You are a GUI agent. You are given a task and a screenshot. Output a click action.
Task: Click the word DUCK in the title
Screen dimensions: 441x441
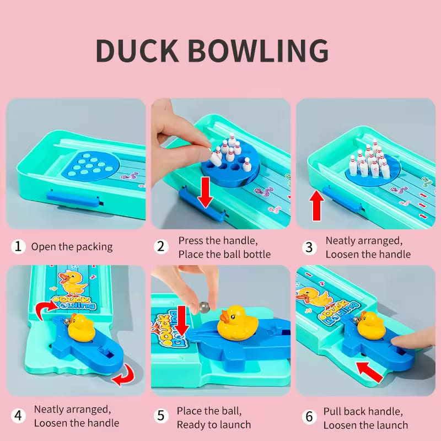coord(137,51)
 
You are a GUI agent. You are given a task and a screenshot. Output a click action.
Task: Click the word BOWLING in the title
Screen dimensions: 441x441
coord(258,51)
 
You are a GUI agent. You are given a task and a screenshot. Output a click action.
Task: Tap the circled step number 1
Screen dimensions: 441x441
coord(18,246)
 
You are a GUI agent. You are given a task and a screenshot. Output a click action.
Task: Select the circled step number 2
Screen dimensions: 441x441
coord(161,246)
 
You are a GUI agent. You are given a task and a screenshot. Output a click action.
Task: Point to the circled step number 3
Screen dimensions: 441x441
coord(309,248)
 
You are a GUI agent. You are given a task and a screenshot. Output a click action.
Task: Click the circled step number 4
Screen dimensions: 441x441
coord(18,416)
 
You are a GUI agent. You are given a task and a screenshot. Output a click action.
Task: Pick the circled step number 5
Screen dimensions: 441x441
coord(161,416)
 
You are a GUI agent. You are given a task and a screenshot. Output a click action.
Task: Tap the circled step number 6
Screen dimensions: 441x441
coord(309,417)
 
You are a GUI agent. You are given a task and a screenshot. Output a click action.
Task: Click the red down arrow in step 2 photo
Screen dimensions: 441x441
coord(205,192)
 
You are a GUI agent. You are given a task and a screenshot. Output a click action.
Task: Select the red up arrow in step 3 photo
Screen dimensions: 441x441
coord(316,205)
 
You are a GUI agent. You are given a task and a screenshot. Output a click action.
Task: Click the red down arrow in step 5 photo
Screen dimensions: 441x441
coord(182,321)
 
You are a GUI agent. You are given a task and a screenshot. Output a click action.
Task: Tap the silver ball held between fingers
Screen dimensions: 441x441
coord(205,307)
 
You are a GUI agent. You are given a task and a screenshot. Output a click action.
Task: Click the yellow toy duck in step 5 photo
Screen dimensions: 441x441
coord(238,323)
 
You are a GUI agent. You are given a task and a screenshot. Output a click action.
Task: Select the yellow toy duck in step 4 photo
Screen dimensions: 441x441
coord(80,327)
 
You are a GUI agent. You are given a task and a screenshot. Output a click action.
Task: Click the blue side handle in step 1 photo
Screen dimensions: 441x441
coord(73,199)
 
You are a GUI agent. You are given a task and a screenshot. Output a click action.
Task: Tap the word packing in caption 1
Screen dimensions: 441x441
coord(94,247)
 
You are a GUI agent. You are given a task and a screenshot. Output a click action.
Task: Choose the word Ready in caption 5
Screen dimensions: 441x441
coord(192,425)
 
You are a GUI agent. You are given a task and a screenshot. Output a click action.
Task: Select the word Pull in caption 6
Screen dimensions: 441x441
coord(332,411)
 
